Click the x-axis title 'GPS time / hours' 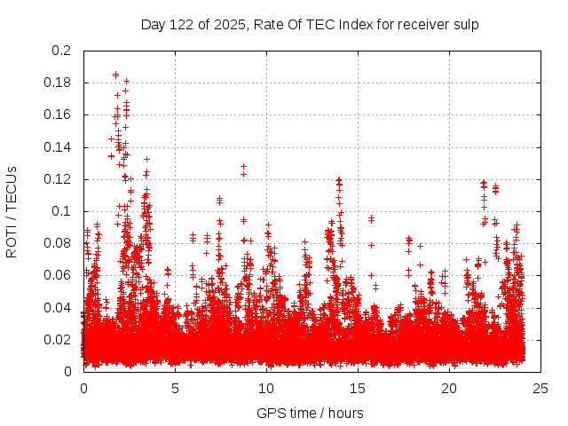(310, 413)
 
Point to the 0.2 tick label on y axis (62, 51)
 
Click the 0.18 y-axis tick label (59, 83)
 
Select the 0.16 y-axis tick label (59, 114)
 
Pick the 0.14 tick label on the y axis (59, 146)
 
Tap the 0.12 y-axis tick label (59, 179)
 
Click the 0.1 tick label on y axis (62, 211)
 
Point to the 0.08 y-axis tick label (59, 243)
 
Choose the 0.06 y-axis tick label (59, 275)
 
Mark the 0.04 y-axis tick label (59, 307)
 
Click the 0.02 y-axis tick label (59, 339)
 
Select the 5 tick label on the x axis (175, 388)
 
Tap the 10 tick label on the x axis (266, 388)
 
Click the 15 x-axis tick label (358, 388)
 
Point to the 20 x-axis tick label (449, 388)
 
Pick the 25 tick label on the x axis (540, 388)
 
